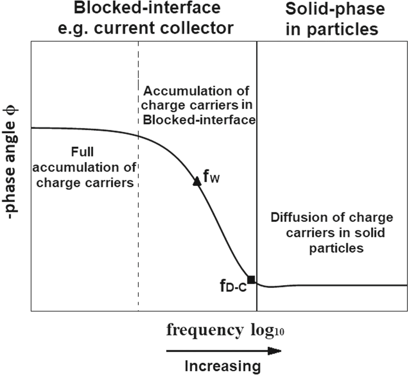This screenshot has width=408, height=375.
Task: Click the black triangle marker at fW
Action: tap(197, 181)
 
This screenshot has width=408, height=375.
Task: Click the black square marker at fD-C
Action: tap(251, 279)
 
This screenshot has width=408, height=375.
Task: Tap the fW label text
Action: tap(211, 178)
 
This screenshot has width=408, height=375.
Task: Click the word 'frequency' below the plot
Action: tap(204, 330)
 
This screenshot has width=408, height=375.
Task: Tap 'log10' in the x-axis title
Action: tap(265, 331)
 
